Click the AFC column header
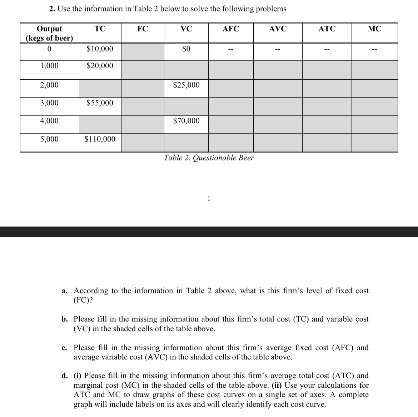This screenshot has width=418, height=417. click(x=231, y=29)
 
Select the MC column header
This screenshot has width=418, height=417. click(x=374, y=29)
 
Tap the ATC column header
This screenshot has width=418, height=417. click(x=327, y=29)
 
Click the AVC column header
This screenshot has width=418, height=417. click(x=278, y=29)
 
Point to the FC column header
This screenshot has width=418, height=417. click(x=143, y=29)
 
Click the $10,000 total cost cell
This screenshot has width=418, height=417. click(x=100, y=49)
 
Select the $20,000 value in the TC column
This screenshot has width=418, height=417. click(x=100, y=66)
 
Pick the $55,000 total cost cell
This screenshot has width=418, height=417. click(x=100, y=103)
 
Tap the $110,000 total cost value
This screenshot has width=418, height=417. click(x=100, y=139)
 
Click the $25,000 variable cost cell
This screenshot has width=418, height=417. click(x=186, y=85)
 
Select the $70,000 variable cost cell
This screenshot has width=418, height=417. click(x=186, y=121)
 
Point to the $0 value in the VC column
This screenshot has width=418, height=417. click(x=186, y=49)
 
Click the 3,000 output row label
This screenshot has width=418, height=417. click(x=49, y=103)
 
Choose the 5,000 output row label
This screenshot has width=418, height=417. click(x=49, y=139)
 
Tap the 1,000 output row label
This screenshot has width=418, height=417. click(x=49, y=66)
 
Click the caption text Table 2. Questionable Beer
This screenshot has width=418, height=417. click(x=209, y=158)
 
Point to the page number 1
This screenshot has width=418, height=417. click(x=209, y=198)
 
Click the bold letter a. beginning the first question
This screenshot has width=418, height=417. click(x=65, y=291)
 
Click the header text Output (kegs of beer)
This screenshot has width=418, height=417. click(x=49, y=34)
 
